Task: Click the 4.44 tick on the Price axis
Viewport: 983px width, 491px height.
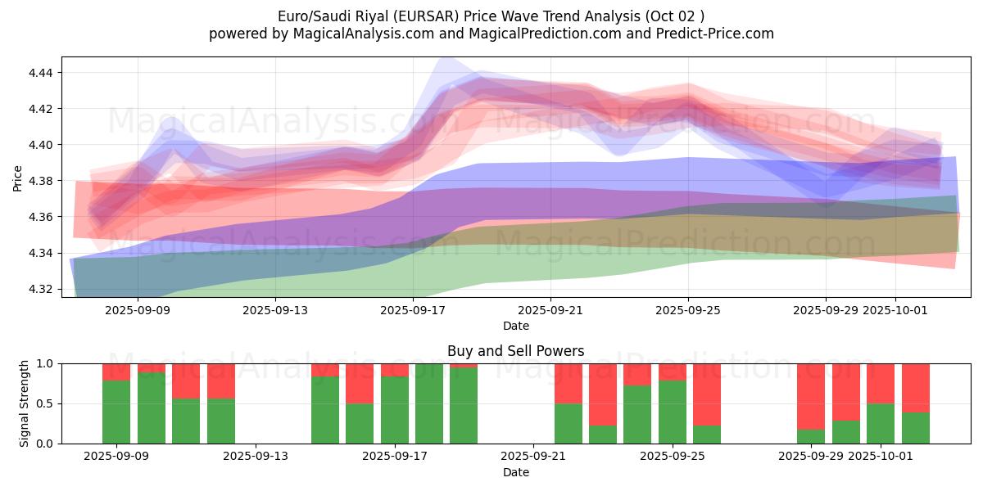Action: [41, 73]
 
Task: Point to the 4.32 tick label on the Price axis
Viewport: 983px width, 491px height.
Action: [41, 289]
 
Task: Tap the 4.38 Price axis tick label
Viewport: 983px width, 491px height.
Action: [41, 181]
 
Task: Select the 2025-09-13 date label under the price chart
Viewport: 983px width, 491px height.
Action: [275, 311]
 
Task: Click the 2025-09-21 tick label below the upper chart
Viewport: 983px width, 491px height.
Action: [550, 311]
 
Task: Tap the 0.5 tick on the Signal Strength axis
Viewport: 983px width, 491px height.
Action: [44, 403]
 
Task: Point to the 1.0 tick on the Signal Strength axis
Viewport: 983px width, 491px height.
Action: [44, 363]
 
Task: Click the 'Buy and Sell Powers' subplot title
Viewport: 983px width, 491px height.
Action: [515, 351]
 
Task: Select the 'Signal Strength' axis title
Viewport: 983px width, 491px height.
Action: [25, 403]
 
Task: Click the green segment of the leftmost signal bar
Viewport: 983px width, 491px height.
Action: [116, 412]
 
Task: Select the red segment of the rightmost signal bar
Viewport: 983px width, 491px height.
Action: [916, 388]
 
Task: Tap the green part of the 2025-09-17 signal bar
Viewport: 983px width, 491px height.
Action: [395, 409]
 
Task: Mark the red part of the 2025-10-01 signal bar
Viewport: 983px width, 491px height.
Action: [881, 383]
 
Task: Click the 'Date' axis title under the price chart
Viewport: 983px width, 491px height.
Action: [515, 326]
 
